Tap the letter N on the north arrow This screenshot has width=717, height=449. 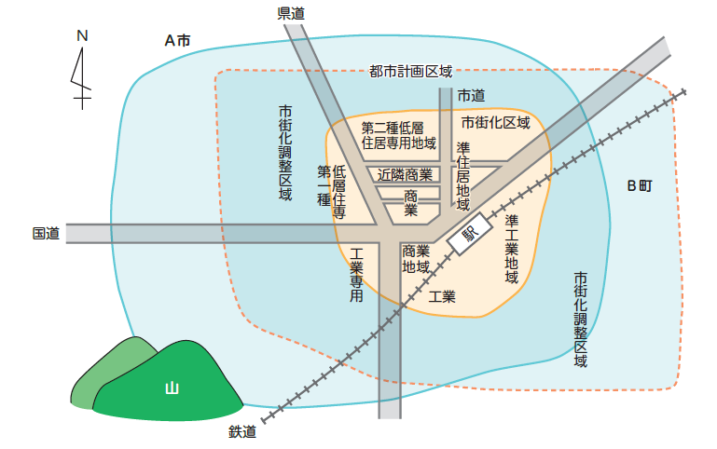tap(82, 36)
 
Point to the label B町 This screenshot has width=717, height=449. tap(639, 185)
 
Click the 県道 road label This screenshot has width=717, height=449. tap(292, 12)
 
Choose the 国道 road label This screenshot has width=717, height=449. tap(46, 233)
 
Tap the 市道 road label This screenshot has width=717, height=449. tap(471, 95)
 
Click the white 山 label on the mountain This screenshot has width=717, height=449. tap(171, 388)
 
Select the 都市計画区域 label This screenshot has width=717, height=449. tap(410, 72)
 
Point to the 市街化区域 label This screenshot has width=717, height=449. tap(495, 122)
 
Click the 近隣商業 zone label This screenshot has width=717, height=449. tap(406, 174)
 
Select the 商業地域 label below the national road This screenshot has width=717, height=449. tap(416, 259)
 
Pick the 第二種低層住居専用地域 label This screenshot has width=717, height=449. tap(399, 135)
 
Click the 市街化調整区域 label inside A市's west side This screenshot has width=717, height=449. tap(285, 152)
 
